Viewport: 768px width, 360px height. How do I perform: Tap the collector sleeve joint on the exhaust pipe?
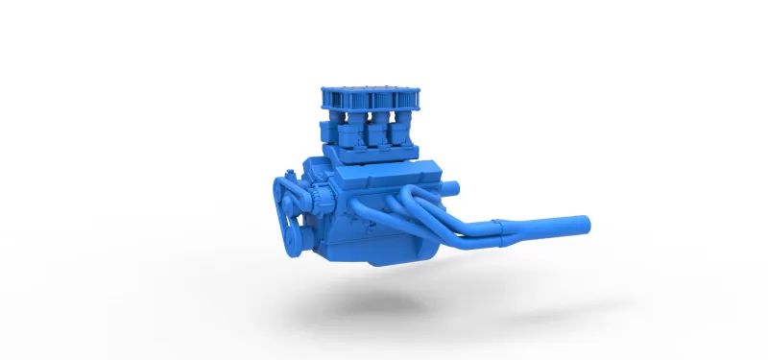click(505, 228)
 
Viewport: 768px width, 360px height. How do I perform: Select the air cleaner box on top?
click(370, 97)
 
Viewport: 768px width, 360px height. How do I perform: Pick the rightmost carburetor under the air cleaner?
click(404, 131)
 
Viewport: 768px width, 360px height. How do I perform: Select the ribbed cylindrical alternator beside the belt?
click(323, 201)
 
